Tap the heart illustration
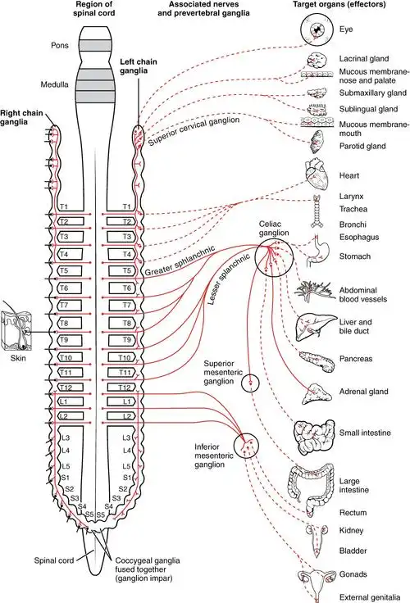tap(315, 175)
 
